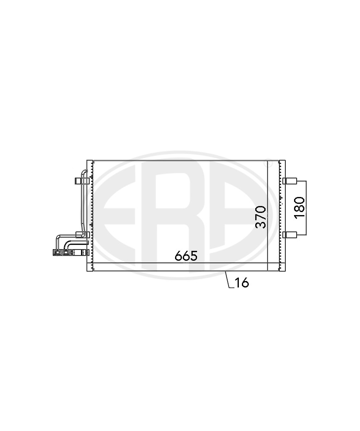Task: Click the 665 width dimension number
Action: tap(186, 256)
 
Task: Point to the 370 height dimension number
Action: tap(261, 217)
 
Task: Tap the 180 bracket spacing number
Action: tap(300, 208)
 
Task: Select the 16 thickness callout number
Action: tap(241, 283)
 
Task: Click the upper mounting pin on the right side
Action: tap(290, 181)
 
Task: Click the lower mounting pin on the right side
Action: tap(290, 234)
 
